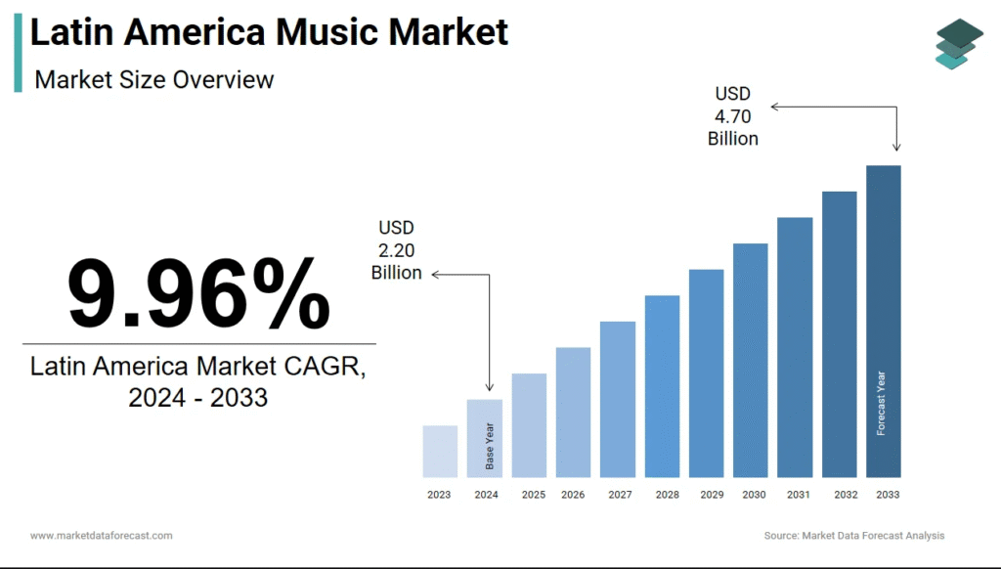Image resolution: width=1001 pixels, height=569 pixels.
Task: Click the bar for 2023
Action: coord(440,451)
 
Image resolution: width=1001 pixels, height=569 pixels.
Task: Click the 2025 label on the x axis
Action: coord(533,495)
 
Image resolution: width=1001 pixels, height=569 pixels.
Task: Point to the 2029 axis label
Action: coord(711,495)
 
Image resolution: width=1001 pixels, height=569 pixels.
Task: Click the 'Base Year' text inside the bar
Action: coord(490,445)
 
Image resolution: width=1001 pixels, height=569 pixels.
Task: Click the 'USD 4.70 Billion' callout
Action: coord(732,116)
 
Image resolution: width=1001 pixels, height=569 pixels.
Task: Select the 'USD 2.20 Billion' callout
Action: coord(396,250)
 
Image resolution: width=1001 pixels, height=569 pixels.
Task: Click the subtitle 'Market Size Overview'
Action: coord(154,79)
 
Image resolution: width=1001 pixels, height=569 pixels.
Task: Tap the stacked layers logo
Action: coord(958,44)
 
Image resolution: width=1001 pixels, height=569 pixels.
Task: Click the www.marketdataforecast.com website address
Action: coord(102,536)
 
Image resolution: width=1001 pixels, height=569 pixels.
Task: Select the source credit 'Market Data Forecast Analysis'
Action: coord(872,536)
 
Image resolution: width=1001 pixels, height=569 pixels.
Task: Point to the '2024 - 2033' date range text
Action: coord(198,398)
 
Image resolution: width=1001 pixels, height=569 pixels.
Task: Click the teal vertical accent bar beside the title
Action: coord(18,54)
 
